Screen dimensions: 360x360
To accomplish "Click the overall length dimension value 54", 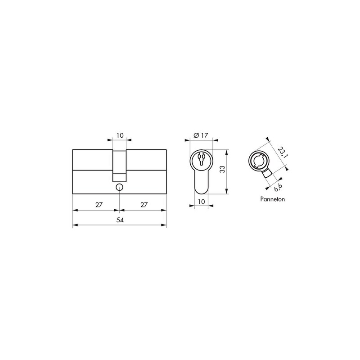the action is [120, 220].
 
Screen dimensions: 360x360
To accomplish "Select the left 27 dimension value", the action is [99, 205].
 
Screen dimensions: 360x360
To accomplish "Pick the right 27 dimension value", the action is [144, 205].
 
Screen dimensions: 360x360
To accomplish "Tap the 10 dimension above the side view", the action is [120, 135].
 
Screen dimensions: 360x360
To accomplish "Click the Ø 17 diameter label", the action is [201, 135].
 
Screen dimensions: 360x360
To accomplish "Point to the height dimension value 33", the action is [222, 169].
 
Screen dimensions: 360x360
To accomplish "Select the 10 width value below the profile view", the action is [201, 202].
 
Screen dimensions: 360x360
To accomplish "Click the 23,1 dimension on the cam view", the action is [283, 152].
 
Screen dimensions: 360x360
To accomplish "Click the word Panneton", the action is [273, 199].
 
